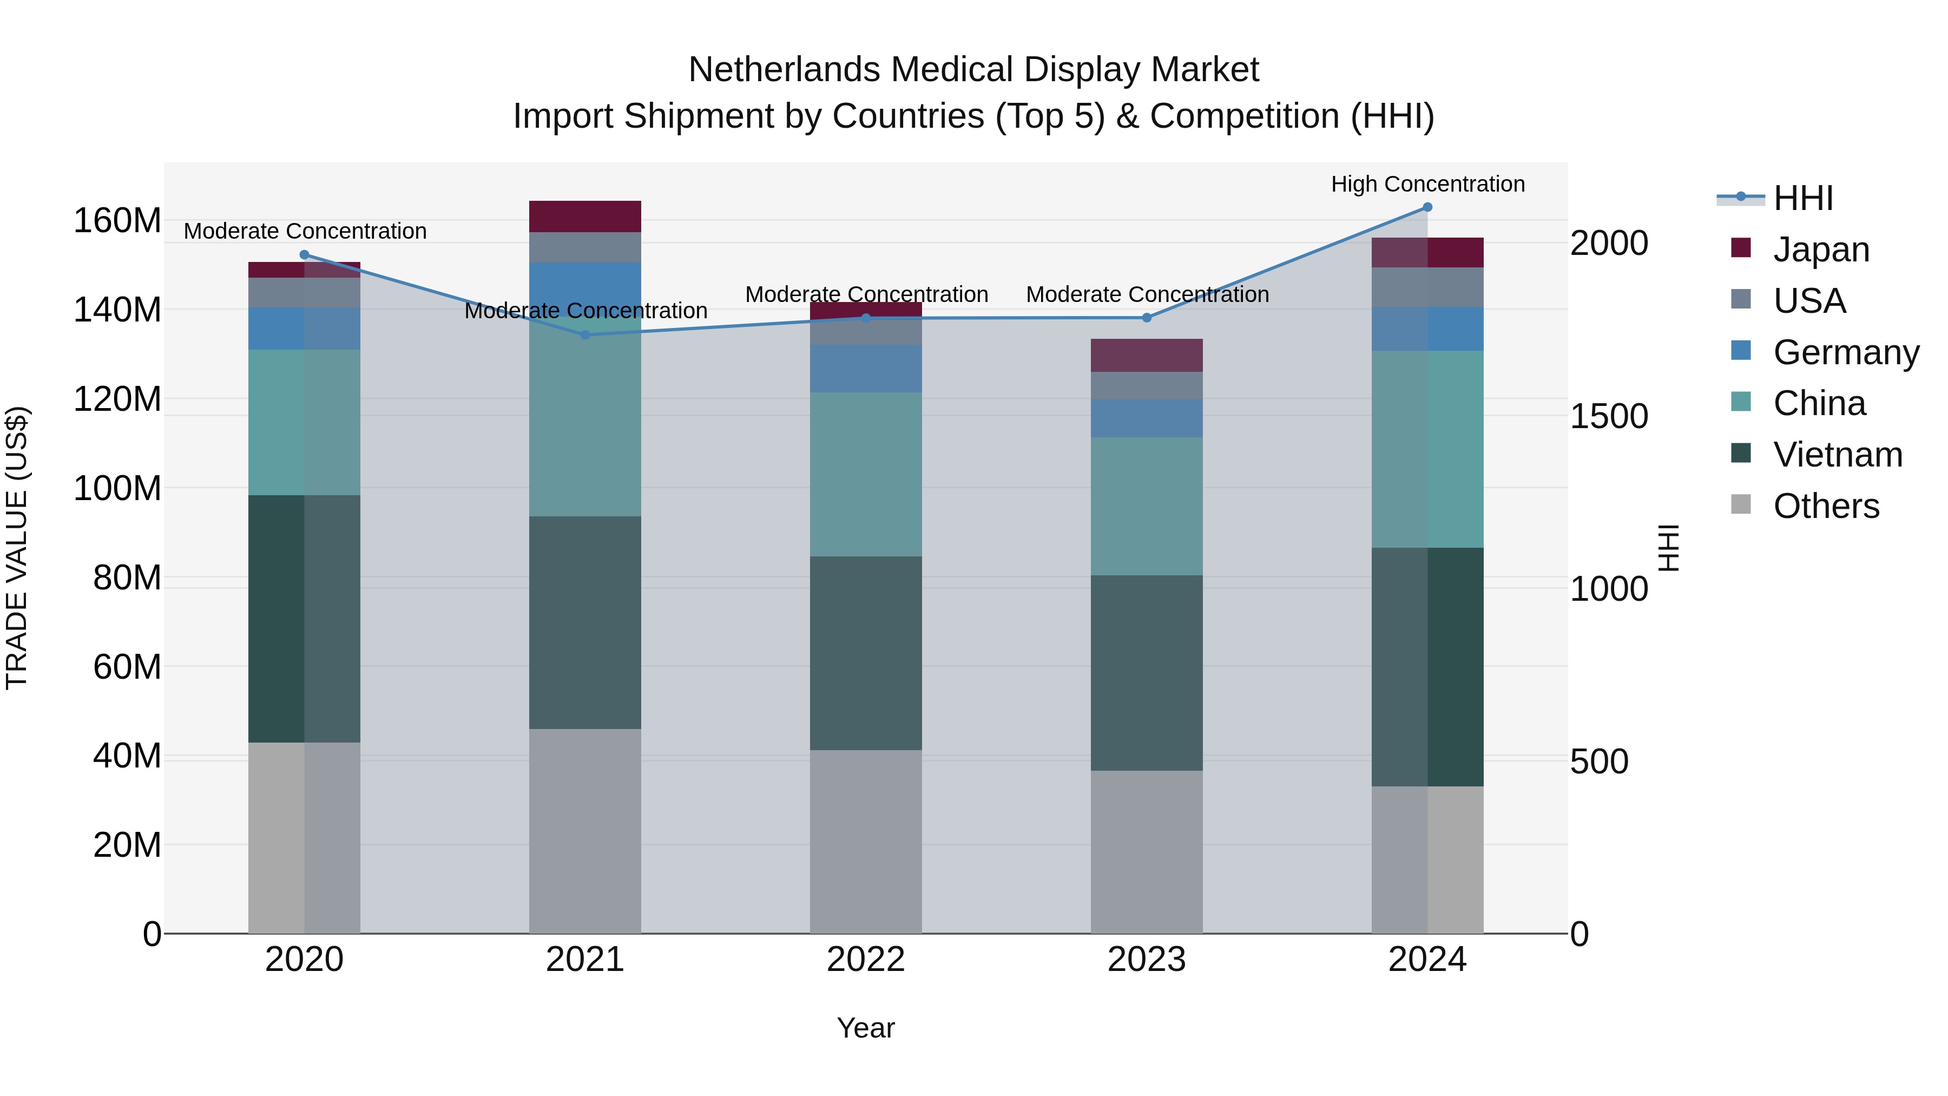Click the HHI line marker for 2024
pyautogui.click(x=1427, y=207)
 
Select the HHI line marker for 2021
pyautogui.click(x=584, y=334)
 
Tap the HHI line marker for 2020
pyautogui.click(x=304, y=255)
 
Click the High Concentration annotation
pyautogui.click(x=1427, y=185)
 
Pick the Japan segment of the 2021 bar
pyautogui.click(x=584, y=216)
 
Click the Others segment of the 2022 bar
pyautogui.click(x=866, y=841)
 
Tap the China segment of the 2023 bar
pyautogui.click(x=1147, y=506)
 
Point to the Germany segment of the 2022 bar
pyautogui.click(x=866, y=369)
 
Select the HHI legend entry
pyautogui.click(x=1803, y=198)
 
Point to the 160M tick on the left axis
pyautogui.click(x=117, y=221)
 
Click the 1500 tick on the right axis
pyautogui.click(x=1609, y=416)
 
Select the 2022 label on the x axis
pyautogui.click(x=866, y=960)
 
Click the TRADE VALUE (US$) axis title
pyautogui.click(x=17, y=548)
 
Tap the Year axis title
pyautogui.click(x=866, y=1028)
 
